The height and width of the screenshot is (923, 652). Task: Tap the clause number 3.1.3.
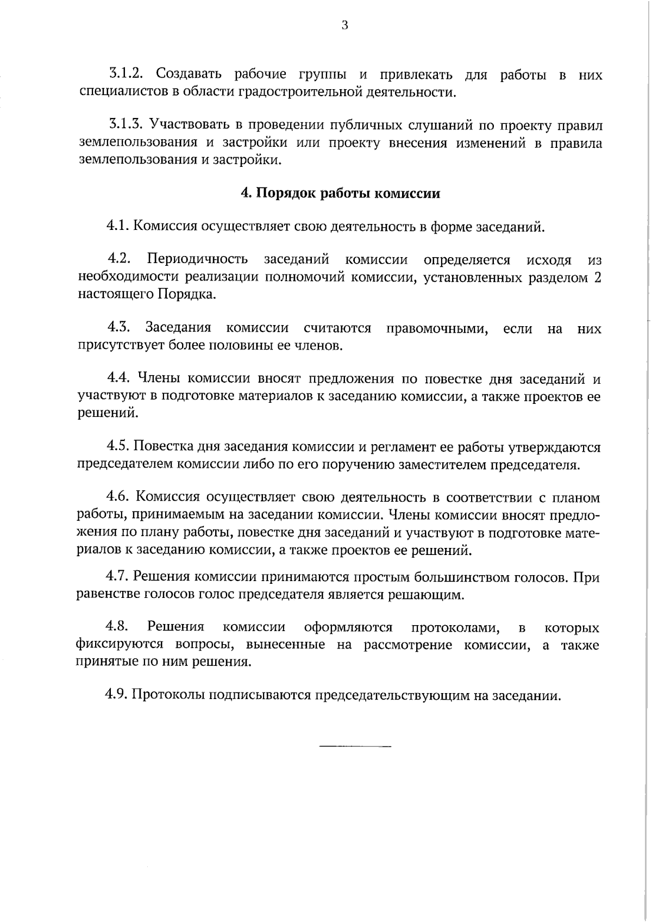pos(126,125)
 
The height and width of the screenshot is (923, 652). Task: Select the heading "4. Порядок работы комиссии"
pos(340,194)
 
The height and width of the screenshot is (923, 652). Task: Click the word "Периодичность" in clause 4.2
pos(197,260)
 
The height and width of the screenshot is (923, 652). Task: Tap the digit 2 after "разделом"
pos(597,277)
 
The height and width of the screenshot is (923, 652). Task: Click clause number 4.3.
pos(119,328)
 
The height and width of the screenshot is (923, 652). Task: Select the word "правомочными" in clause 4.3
pos(437,328)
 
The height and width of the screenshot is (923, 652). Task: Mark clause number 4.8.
pos(117,627)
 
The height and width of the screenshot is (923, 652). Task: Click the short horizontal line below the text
pos(355,746)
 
